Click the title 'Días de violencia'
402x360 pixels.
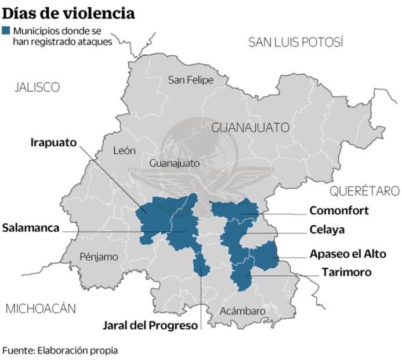tap(69, 12)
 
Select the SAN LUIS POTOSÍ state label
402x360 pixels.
tap(296, 42)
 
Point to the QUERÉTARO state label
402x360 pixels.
tap(364, 191)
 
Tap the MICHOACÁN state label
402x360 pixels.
tap(41, 308)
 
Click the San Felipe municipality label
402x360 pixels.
tap(190, 80)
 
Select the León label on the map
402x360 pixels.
tap(125, 150)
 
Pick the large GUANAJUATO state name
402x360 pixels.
tap(250, 127)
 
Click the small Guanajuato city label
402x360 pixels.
tap(174, 164)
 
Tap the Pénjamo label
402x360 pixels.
tap(99, 256)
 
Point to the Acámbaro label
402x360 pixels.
tap(242, 311)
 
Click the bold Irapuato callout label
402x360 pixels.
tap(53, 142)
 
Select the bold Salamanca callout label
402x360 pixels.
tap(31, 228)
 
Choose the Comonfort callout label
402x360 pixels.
tap(339, 211)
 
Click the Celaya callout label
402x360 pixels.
tap(327, 230)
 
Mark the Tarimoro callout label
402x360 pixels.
tap(346, 272)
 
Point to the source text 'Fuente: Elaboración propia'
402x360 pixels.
tap(60, 350)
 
